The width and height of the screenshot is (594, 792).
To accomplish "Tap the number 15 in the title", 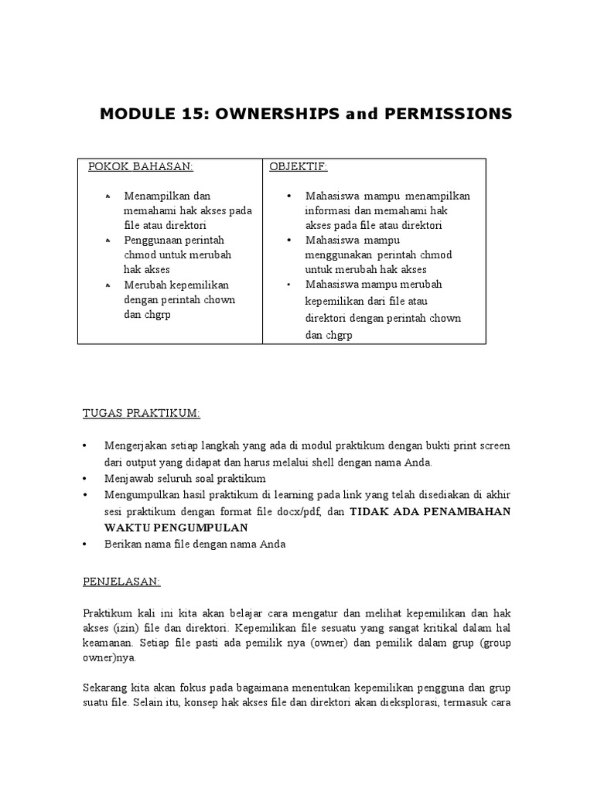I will [x=193, y=114].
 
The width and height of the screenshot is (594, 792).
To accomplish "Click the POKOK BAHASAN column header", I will [x=140, y=166].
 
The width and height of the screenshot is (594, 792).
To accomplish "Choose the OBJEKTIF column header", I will [x=299, y=166].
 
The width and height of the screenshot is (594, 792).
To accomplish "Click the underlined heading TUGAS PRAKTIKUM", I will [x=142, y=414].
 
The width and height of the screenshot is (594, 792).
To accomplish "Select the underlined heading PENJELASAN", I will [x=121, y=580].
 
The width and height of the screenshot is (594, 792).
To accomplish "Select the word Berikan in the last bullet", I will [x=123, y=544].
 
